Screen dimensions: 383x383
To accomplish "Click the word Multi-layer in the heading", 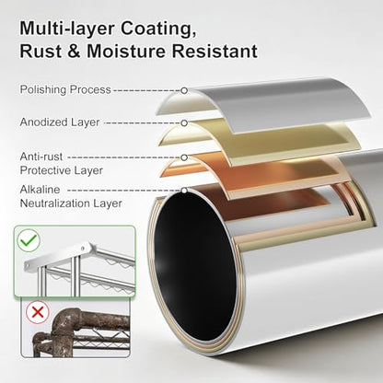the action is [x=67, y=29].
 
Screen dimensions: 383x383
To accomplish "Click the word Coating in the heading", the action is [x=158, y=29].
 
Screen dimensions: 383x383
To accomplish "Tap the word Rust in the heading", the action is [x=41, y=51].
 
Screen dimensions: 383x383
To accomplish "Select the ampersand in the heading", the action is [x=74, y=51].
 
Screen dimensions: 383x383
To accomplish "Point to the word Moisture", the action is [x=126, y=51].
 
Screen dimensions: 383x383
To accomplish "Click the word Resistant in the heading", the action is [x=215, y=51].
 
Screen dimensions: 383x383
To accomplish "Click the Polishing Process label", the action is [x=65, y=89].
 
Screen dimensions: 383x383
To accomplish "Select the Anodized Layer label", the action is [x=60, y=122].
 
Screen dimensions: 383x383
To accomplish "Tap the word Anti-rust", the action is [x=41, y=157].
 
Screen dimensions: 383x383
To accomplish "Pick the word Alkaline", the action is [x=40, y=190].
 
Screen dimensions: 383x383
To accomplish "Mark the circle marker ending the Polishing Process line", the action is [x=184, y=90].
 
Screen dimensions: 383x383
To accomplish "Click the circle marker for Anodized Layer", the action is [x=184, y=123].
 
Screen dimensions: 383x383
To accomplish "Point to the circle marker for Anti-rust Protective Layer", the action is [x=184, y=157].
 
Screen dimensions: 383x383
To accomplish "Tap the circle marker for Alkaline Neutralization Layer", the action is [x=184, y=191].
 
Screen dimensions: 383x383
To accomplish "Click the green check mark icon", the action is [x=29, y=240].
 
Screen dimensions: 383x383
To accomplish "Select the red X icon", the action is [x=38, y=312].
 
